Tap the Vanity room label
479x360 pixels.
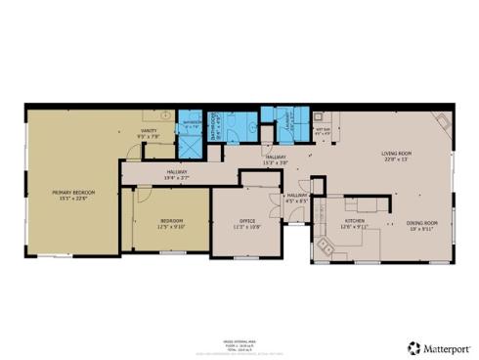click(149, 130)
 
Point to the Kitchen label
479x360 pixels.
click(354, 221)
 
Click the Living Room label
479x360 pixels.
click(395, 153)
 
